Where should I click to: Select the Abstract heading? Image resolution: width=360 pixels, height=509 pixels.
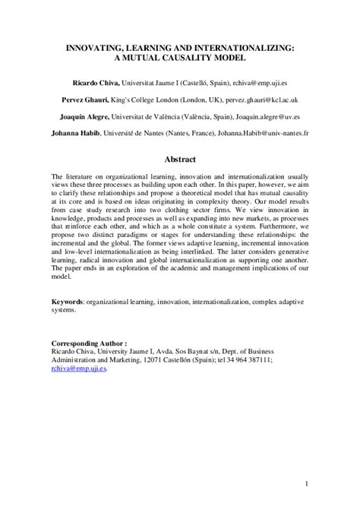coord(180,160)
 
